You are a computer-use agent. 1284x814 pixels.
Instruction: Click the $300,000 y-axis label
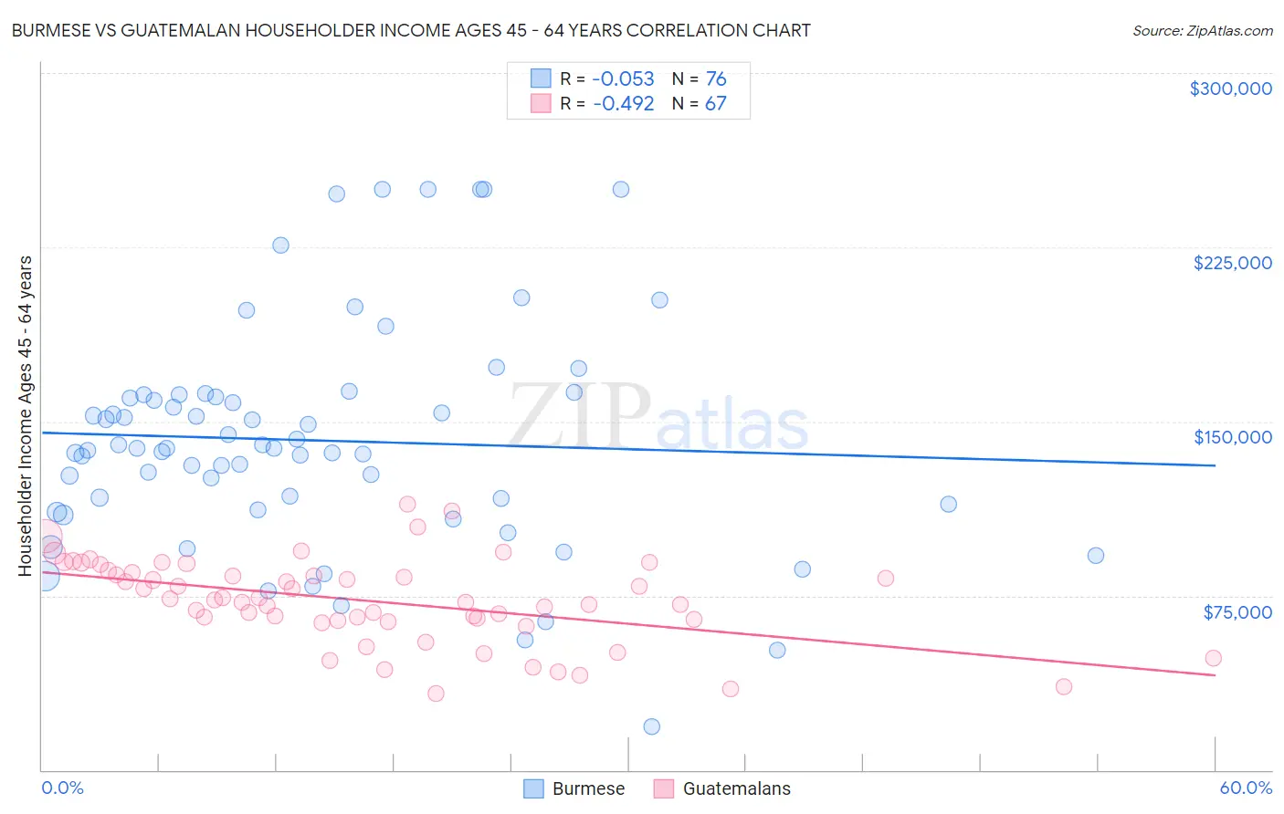(1230, 89)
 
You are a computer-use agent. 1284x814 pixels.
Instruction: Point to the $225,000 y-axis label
(1232, 263)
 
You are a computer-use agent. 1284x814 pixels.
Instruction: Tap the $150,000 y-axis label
(1232, 437)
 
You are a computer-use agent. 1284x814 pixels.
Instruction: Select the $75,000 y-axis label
(1237, 612)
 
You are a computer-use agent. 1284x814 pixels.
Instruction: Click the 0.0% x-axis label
(62, 788)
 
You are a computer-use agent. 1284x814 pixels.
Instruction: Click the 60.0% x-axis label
(1245, 788)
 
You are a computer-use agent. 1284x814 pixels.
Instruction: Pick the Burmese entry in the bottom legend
(574, 788)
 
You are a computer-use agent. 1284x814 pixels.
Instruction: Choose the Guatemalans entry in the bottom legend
(722, 788)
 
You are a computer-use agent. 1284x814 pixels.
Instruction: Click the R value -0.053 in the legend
(623, 79)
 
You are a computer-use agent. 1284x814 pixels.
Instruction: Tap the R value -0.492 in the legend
(623, 104)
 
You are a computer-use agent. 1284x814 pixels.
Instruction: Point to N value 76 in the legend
(715, 79)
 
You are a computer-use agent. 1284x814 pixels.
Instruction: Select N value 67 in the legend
(715, 104)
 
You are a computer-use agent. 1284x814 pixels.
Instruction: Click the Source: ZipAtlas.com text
(1202, 31)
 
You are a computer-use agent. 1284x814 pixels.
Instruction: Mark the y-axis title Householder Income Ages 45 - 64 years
(26, 415)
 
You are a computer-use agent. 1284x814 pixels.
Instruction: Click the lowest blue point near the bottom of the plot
(651, 726)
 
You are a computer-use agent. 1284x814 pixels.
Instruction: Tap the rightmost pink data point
(1213, 658)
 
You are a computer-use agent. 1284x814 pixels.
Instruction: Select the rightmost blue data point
(1096, 556)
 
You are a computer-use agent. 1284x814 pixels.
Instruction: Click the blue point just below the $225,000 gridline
(280, 245)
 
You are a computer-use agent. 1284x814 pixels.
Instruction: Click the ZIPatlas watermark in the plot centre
(658, 417)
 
